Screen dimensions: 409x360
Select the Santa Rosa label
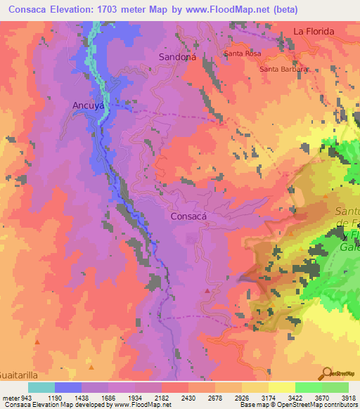(241, 53)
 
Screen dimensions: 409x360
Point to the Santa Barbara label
(284, 69)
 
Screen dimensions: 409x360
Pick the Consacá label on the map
(189, 216)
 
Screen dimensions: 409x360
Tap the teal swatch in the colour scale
(41, 387)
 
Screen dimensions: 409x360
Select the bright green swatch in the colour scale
(308, 387)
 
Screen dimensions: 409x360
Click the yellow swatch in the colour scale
(281, 387)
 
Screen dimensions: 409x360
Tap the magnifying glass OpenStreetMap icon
(325, 372)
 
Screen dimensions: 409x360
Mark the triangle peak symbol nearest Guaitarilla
(38, 342)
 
